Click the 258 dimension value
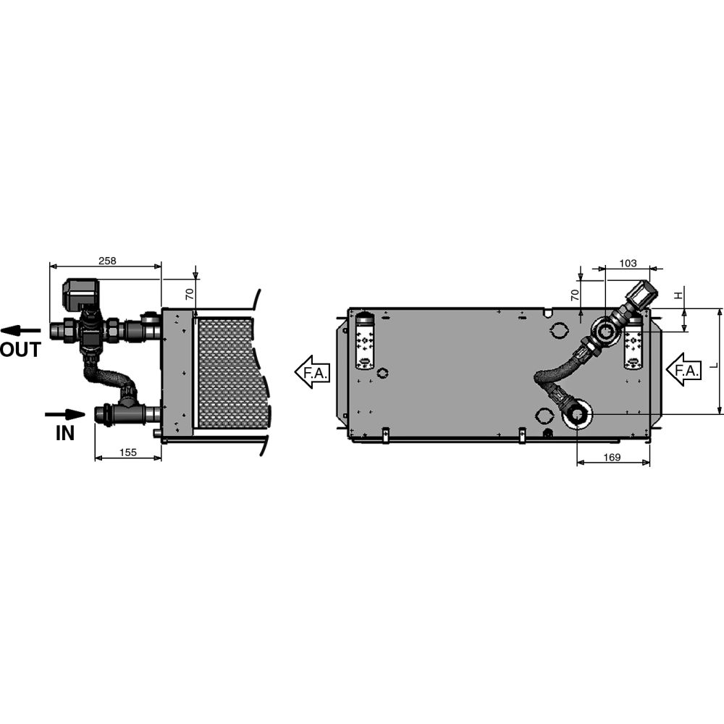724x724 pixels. tap(106, 261)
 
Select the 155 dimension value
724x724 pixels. tap(127, 452)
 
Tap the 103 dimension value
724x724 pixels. tap(628, 263)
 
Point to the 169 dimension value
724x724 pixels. tap(613, 457)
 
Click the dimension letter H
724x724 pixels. tap(678, 295)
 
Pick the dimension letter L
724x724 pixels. tap(712, 366)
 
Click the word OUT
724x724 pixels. tap(20, 350)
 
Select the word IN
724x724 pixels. tap(65, 433)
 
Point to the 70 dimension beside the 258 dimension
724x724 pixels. tap(190, 294)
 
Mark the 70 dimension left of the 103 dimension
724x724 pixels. tap(574, 295)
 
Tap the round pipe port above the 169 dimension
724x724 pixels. tap(577, 415)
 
